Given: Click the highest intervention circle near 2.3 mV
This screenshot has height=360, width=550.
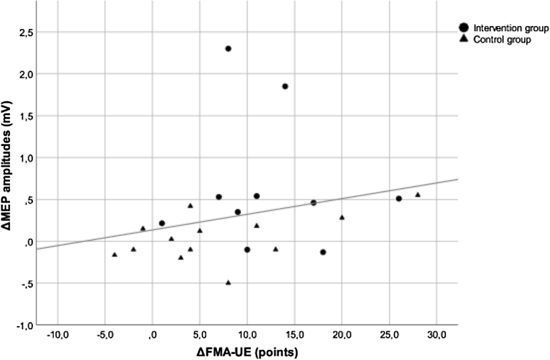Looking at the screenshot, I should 228,49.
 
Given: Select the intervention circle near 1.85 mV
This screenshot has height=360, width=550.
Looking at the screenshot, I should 285,86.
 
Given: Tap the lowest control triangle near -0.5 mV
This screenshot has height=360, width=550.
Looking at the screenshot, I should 228,282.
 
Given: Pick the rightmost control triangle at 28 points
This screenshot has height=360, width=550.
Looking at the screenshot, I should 418,195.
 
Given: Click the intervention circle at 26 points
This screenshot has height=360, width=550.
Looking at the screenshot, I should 399,199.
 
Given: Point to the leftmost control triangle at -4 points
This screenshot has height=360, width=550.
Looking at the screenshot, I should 115,255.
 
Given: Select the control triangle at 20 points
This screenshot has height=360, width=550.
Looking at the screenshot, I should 342,217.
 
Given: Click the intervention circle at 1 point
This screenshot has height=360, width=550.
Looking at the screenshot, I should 162,223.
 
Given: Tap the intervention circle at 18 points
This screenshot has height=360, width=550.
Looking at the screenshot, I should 323,252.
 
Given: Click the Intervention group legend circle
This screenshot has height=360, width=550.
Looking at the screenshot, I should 464,27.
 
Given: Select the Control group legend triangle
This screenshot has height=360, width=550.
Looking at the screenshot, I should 464,39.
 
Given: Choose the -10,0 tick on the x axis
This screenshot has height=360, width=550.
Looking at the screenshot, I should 57,335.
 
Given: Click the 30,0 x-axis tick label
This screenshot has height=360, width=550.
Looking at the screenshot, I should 437,335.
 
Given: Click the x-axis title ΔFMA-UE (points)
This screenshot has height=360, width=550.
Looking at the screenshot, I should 247,352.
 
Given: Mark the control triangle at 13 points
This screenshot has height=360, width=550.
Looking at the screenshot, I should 276,249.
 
